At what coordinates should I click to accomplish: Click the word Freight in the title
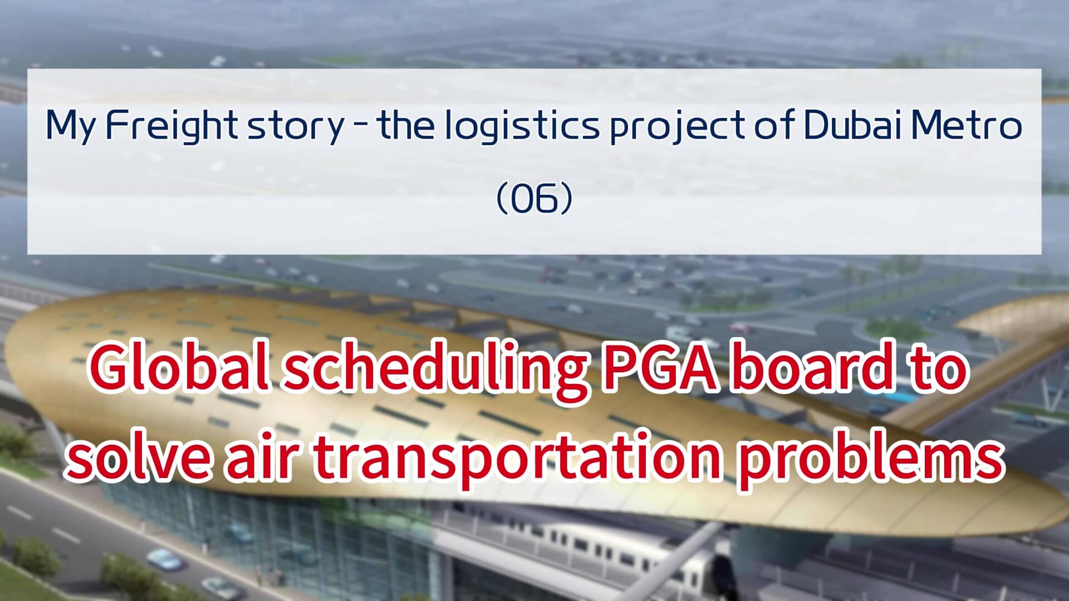point(171,127)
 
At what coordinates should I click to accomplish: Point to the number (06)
point(534,199)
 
